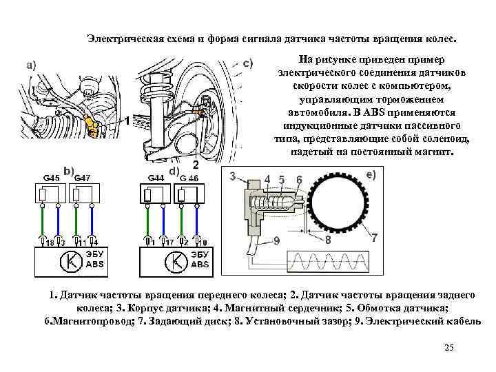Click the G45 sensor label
[x=51, y=178]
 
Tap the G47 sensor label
[x=82, y=178]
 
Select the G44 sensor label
[x=156, y=178]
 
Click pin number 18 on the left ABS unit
[x=50, y=242]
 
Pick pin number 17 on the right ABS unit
[x=168, y=242]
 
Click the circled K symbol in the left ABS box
[x=70, y=262]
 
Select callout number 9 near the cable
[x=276, y=240]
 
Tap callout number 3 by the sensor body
[x=233, y=176]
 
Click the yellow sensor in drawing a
[x=92, y=125]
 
